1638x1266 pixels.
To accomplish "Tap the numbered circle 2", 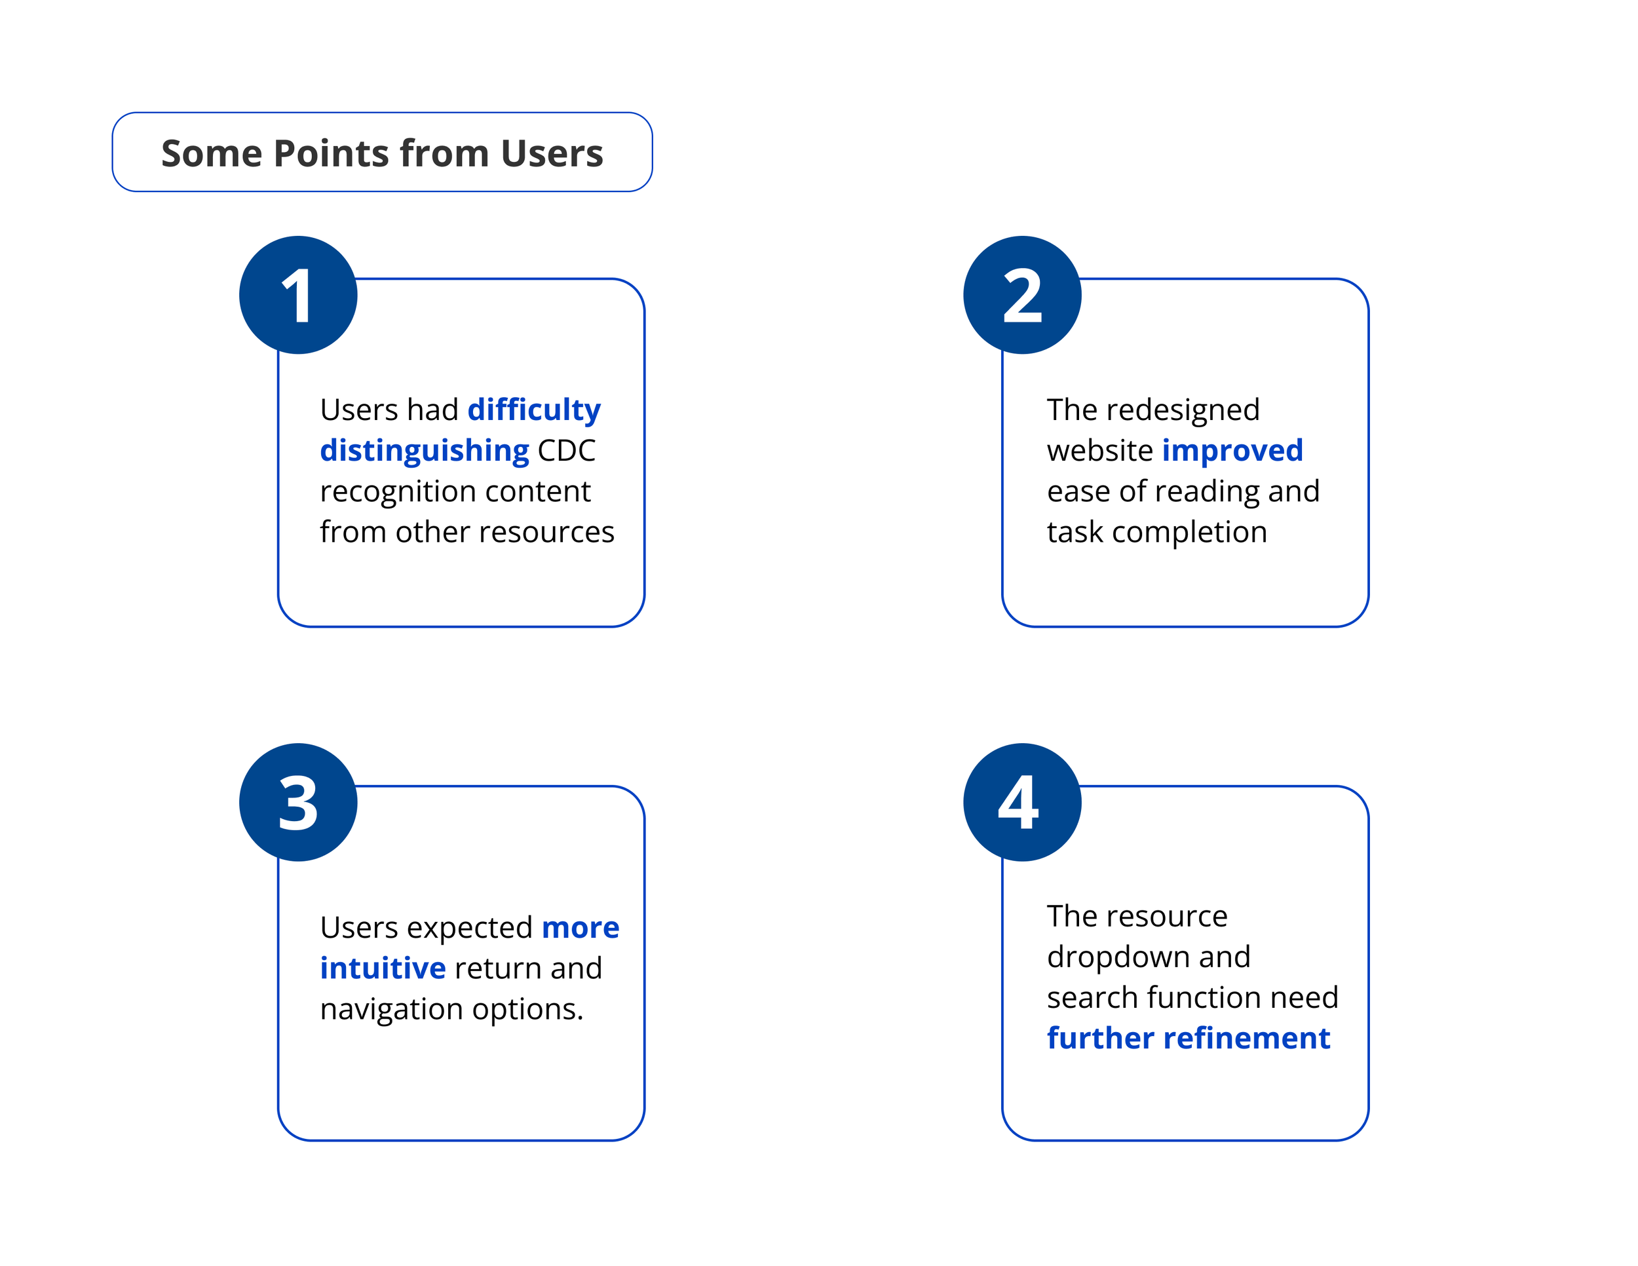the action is [1022, 295].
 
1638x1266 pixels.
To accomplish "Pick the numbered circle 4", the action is [1022, 802].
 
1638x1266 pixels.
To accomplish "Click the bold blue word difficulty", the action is [534, 411].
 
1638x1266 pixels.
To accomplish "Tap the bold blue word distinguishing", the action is [425, 451].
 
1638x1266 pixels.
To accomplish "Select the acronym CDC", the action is [566, 451].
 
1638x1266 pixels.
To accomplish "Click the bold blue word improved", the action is [1232, 451].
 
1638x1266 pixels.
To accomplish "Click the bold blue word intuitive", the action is [383, 969].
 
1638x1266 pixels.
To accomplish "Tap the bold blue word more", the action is [581, 929].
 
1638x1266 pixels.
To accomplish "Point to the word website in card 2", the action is [1100, 451].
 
